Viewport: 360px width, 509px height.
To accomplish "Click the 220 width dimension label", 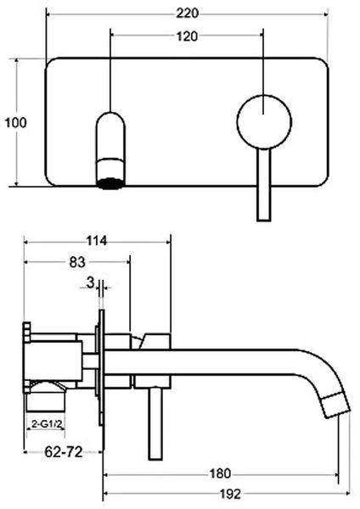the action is pos(187,14).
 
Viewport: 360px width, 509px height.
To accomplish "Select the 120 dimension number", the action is pos(187,36).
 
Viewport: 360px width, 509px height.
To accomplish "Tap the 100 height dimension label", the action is pos(15,123).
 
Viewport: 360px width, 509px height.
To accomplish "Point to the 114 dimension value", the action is pos(96,241).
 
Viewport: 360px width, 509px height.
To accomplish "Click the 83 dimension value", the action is pos(77,262).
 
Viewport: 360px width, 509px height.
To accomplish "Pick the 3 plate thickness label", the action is pos(90,282).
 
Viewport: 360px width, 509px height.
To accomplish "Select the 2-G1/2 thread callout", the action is pos(47,423).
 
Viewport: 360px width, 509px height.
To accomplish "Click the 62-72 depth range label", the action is pos(64,451).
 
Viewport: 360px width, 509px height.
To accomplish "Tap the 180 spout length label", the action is pos(220,473).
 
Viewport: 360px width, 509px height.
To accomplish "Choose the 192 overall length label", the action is pos(231,494).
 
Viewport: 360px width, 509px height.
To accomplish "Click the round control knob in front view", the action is pos(264,122).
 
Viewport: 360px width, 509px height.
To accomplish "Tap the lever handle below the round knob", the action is pos(264,185).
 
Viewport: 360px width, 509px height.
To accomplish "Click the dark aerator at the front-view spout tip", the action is pos(110,183).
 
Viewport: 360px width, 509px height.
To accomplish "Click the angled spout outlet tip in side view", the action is pos(337,405).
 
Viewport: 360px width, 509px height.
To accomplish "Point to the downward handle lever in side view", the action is pos(155,423).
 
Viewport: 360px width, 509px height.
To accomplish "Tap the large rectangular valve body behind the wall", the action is pos(53,361).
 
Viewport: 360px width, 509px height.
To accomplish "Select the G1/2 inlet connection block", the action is pos(47,400).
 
